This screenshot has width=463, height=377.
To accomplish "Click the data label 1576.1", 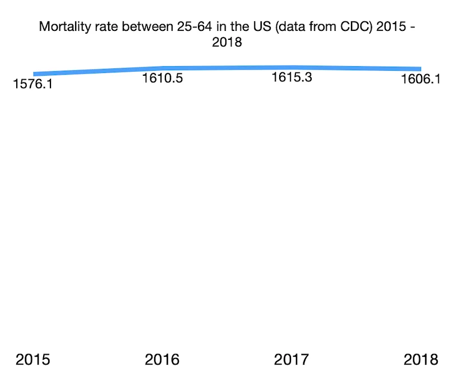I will [33, 86].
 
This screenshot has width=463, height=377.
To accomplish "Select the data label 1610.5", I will [163, 79].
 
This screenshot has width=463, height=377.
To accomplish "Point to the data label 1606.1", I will [421, 80].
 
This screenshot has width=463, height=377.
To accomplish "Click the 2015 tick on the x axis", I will [33, 359].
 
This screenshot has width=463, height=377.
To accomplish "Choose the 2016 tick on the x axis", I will [163, 359].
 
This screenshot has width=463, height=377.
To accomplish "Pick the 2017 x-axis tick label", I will [291, 359].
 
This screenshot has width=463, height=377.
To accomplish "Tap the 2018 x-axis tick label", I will [420, 359].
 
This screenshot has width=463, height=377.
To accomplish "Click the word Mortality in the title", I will [62, 27].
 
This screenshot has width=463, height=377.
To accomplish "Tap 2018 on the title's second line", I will [227, 42].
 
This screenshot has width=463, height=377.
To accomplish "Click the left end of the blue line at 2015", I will [35, 73].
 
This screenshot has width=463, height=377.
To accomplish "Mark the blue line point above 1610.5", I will [163, 68].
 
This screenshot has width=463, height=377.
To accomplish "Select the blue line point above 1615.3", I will [291, 67].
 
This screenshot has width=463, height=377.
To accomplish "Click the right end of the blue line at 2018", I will [420, 69].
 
